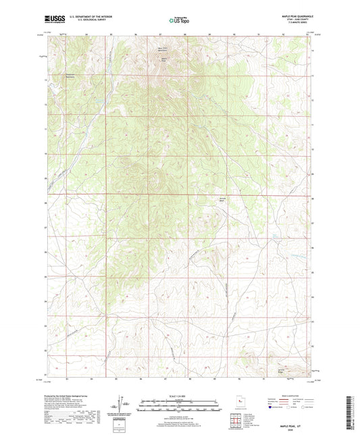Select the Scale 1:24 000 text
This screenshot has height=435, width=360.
coord(180,396)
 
